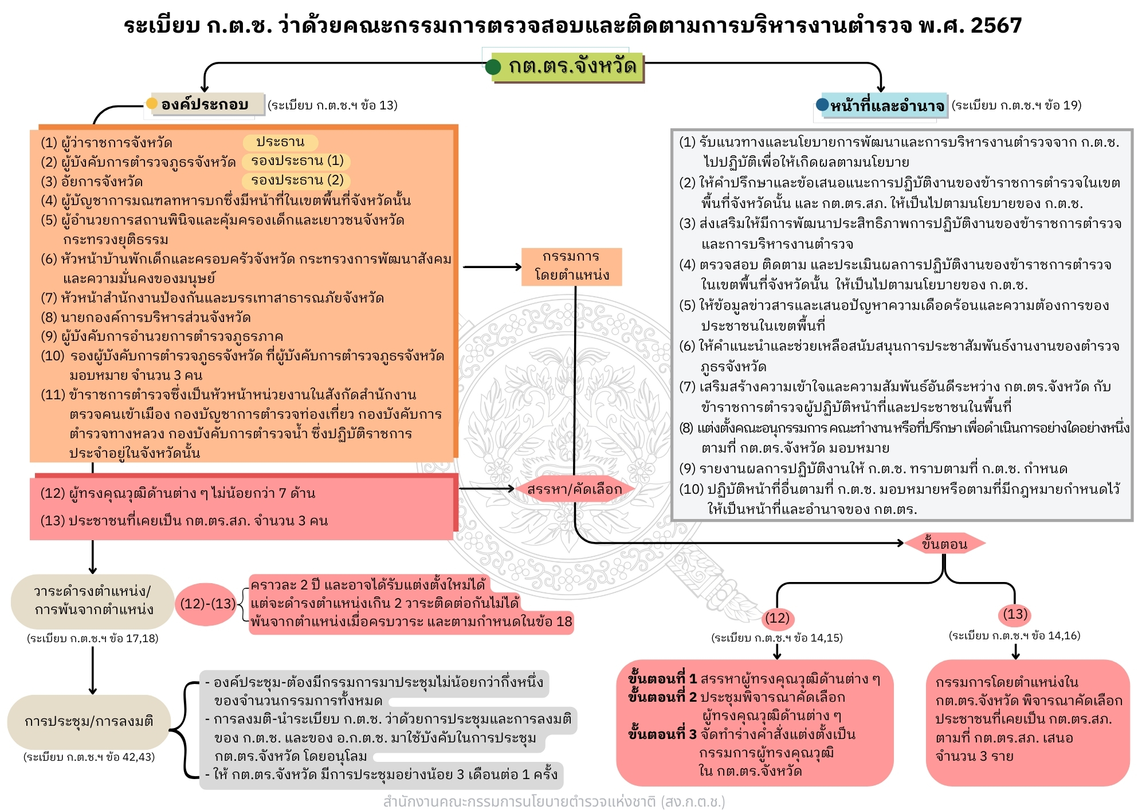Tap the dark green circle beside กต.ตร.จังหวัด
(x=493, y=68)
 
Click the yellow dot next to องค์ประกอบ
(x=152, y=104)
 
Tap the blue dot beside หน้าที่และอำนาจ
(x=822, y=105)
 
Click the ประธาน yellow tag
(x=280, y=142)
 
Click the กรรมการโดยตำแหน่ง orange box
(x=571, y=266)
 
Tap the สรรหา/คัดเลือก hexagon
(x=574, y=489)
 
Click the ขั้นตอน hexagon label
(x=944, y=544)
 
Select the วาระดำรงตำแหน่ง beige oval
(x=92, y=600)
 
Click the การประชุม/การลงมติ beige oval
(x=89, y=721)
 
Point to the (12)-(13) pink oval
(x=207, y=604)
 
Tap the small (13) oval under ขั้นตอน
(x=1015, y=614)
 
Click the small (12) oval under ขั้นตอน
(x=777, y=618)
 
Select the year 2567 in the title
(x=996, y=25)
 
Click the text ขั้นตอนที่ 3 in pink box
(x=662, y=734)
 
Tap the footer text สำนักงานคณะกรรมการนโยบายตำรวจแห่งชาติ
(x=554, y=801)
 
